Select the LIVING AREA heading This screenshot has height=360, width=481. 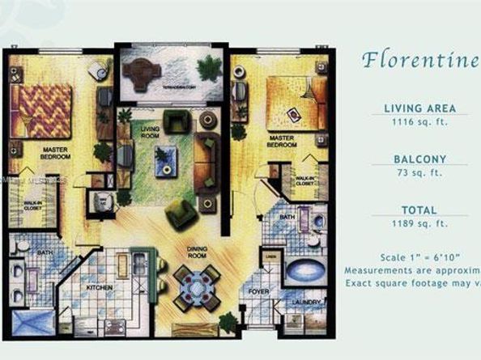coord(419,108)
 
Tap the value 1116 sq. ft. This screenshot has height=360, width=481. coord(419,121)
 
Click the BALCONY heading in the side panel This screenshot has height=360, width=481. coord(419,159)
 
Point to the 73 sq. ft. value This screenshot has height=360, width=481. coord(419,172)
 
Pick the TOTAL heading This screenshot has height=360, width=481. coord(419,210)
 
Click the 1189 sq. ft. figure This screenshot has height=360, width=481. coord(419,222)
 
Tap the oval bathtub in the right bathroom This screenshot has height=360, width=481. coord(306,269)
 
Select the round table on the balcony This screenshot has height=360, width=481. coord(143,72)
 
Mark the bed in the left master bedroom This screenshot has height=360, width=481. coord(41,111)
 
